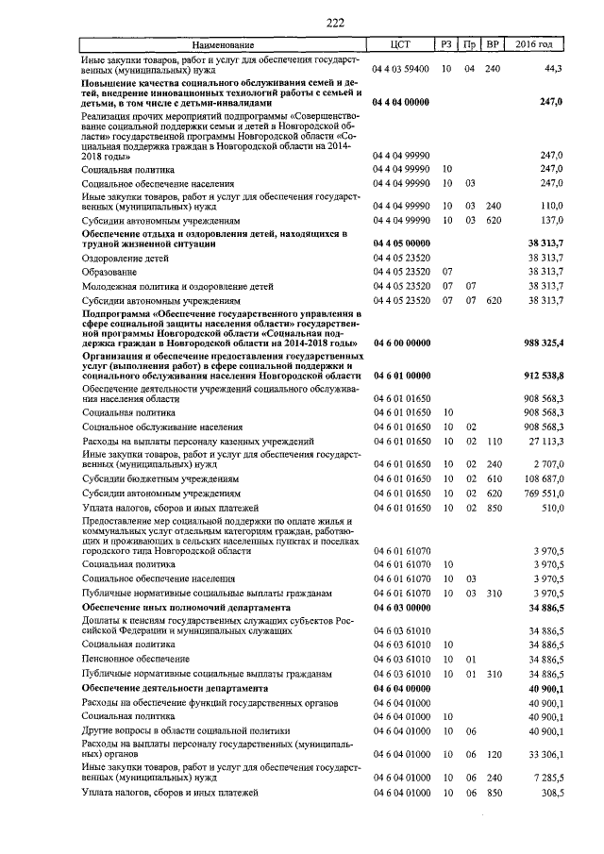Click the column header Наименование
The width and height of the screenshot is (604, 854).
(223, 45)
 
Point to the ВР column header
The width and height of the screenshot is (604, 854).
(492, 45)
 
